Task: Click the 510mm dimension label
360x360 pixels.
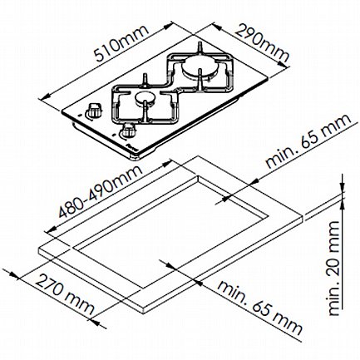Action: [120, 43]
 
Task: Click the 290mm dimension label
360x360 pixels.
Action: [262, 43]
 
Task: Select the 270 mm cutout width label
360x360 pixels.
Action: [64, 293]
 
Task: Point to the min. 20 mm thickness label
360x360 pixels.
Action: [333, 268]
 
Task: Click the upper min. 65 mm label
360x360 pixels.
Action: [308, 141]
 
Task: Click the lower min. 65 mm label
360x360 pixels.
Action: [259, 308]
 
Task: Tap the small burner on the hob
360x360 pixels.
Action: [145, 98]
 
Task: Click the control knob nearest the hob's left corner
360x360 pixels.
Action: [94, 111]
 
